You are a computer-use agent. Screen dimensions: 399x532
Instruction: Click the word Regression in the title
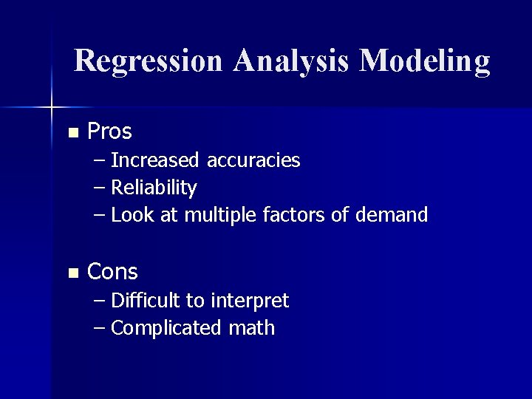coord(149,61)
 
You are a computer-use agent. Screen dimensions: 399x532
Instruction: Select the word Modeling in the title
coord(424,61)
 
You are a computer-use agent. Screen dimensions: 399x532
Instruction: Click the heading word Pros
coord(109,132)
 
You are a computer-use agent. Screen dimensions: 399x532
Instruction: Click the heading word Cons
coord(112,272)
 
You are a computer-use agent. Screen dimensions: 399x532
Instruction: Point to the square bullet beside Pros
coord(72,134)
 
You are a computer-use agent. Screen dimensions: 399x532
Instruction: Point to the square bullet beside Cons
coord(72,273)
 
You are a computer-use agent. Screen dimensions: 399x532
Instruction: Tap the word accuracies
coord(253,160)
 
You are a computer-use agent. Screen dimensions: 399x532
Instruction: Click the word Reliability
coord(154,188)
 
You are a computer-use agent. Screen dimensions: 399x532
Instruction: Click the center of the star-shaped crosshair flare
coord(52,108)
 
